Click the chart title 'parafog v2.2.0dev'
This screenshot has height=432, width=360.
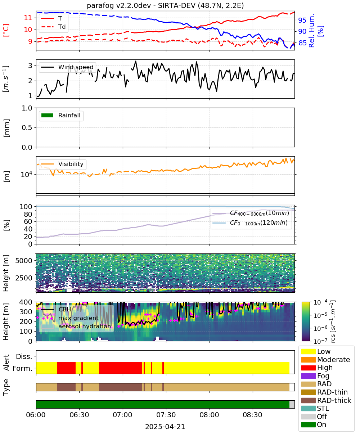[119, 6]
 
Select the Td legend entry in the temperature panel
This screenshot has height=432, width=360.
[53, 27]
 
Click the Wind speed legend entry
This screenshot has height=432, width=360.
[67, 67]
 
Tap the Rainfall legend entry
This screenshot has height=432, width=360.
[61, 115]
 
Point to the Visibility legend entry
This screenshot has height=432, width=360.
[62, 164]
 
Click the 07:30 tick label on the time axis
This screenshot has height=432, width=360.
[166, 415]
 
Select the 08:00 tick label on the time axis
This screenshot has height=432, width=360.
[210, 415]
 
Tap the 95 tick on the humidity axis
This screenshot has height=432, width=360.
[302, 20]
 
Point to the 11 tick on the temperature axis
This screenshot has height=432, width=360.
[28, 18]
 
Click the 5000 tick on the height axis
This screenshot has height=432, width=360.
[24, 261]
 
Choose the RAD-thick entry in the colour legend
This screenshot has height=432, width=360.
[326, 400]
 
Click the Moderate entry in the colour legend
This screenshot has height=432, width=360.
[325, 360]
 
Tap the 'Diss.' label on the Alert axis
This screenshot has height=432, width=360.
[24, 356]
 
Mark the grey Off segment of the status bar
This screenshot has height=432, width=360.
[292, 405]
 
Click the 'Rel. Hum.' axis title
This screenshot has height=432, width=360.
[311, 31]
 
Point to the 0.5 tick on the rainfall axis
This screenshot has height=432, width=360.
[27, 128]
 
